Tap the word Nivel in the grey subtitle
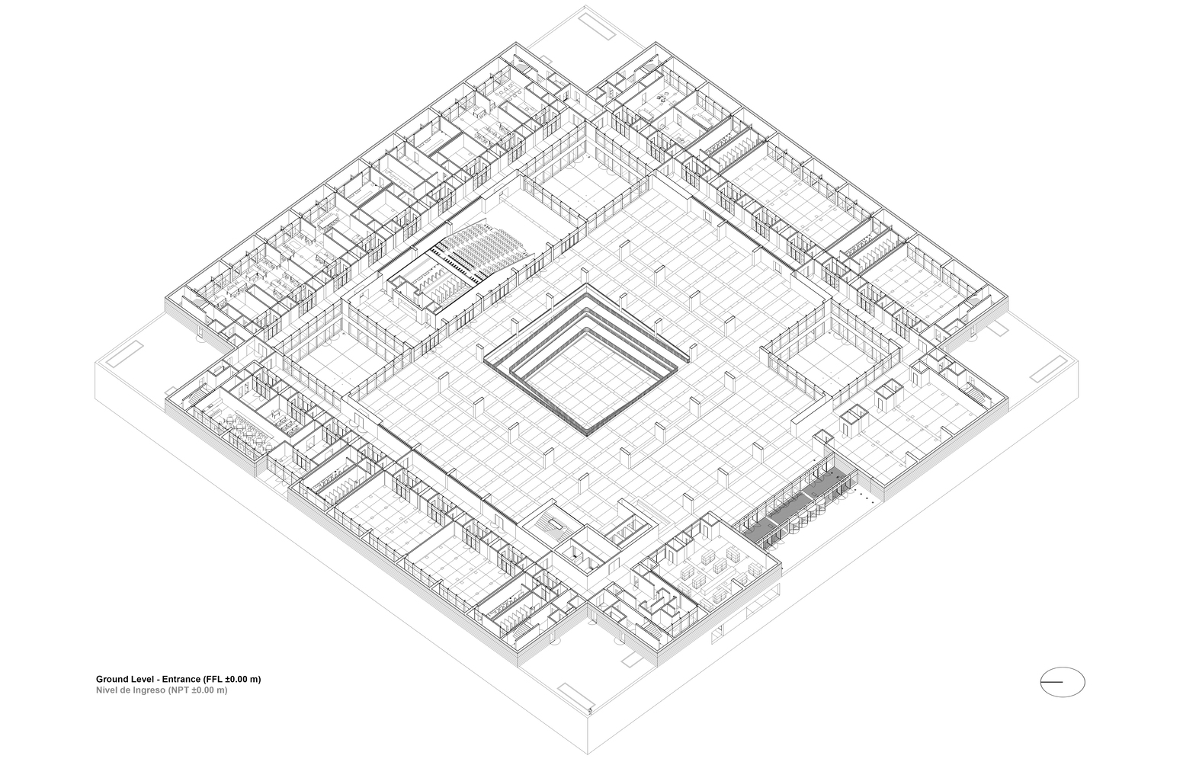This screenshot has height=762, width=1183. (x=107, y=690)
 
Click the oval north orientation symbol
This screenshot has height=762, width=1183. (x=1062, y=681)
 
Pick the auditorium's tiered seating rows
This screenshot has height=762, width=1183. (x=484, y=248)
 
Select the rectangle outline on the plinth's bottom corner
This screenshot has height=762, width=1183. (x=578, y=696)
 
